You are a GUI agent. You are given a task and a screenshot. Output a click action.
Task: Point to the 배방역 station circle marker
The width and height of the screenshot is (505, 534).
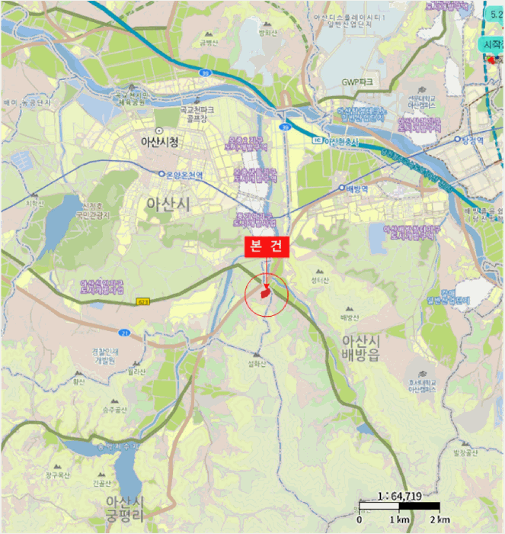coord(343,187)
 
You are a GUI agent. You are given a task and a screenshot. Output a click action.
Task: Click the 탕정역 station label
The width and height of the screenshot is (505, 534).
coord(473,140)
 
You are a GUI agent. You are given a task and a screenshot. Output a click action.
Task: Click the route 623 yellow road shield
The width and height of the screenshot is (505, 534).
coord(142,302)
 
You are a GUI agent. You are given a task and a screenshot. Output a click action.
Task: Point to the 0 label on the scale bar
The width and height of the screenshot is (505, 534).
coord(359,520)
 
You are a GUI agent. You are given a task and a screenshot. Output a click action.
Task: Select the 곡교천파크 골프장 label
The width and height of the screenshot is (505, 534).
coord(194,114)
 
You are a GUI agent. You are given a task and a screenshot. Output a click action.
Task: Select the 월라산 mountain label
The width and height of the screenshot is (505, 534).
coord(137,372)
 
